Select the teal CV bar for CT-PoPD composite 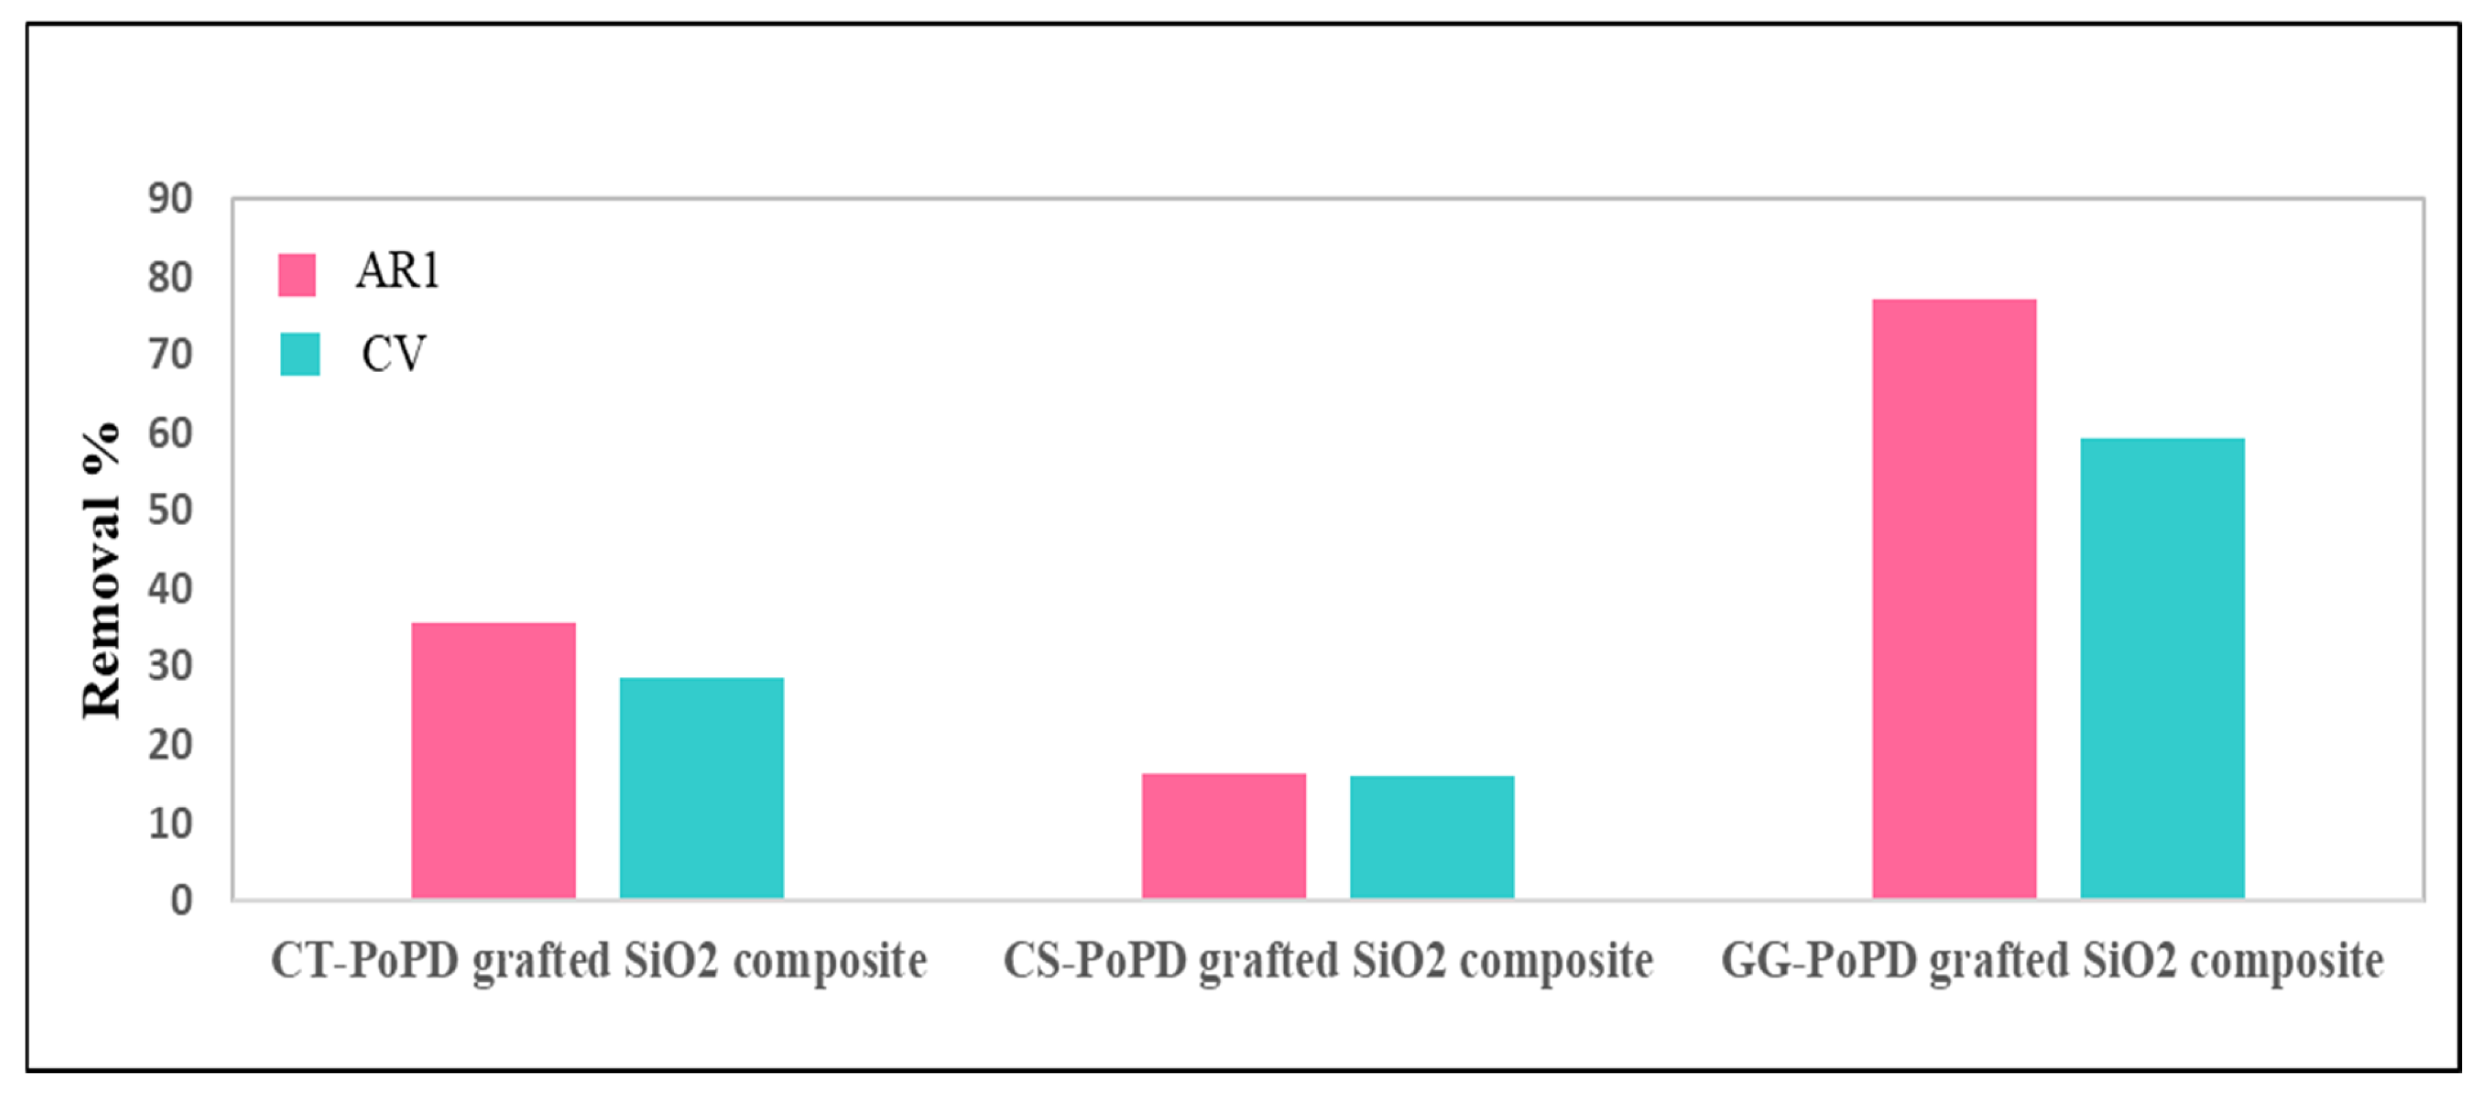point(701,788)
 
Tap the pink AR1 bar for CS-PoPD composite point(1224,836)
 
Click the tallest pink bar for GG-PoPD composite point(1954,599)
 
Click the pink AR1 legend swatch point(296,274)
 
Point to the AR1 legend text point(397,271)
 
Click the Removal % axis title point(101,570)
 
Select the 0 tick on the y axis point(181,901)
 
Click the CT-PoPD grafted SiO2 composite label point(599,961)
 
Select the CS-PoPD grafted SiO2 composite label point(1327,961)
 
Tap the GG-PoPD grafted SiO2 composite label point(2052,961)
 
